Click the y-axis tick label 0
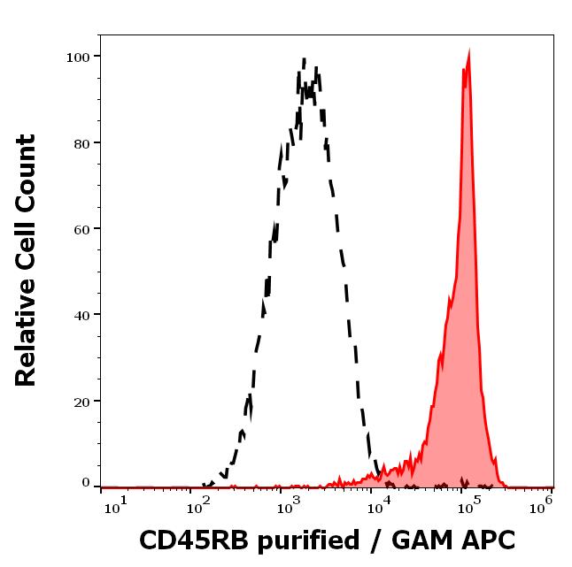coord(86,483)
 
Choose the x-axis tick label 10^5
coord(468,504)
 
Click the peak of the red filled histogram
coord(468,53)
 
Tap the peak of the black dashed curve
coord(305,60)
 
